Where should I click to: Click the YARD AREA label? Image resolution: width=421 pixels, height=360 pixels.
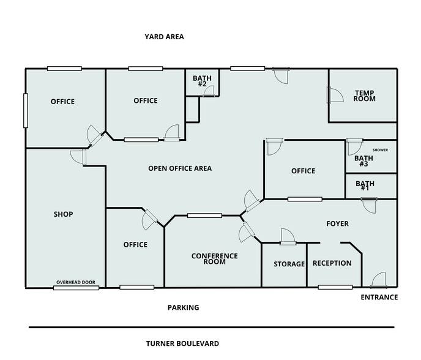pos(164,37)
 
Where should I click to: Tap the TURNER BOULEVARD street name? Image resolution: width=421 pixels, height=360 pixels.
pos(182,343)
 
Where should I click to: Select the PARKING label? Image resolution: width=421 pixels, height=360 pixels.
pos(184,307)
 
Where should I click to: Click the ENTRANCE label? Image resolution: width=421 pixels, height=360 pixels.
pos(379,298)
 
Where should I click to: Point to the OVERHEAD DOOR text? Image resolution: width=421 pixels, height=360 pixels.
pos(76,282)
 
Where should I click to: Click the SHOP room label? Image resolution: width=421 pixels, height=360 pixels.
pos(63,214)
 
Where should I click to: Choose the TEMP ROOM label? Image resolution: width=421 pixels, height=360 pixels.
pos(364,96)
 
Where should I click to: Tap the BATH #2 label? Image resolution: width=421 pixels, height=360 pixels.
pos(202,81)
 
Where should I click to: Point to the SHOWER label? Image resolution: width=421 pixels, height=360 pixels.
pos(380,149)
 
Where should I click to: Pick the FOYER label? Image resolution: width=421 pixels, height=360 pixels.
pos(337,224)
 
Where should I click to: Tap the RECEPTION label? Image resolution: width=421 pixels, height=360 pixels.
pos(332,263)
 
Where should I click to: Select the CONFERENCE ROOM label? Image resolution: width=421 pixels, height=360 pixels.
pos(215,259)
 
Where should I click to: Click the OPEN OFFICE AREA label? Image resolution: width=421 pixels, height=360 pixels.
pos(180,168)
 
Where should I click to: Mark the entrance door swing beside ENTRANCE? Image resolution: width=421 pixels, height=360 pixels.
pos(378,280)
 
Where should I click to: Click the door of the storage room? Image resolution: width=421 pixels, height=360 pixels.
pos(287,237)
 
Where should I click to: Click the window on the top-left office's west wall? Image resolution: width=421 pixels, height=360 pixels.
pos(26,110)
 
